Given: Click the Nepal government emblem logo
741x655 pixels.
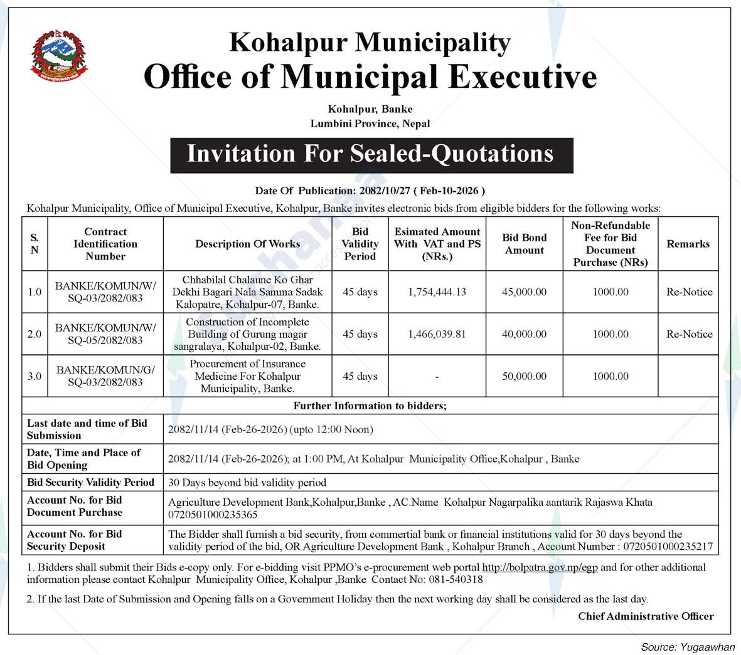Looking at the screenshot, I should pyautogui.click(x=60, y=56).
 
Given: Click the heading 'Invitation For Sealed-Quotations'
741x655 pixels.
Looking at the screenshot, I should pyautogui.click(x=371, y=154).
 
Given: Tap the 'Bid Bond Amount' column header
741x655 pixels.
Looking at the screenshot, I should pyautogui.click(x=524, y=244).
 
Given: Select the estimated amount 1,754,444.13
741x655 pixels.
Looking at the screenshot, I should pyautogui.click(x=437, y=292).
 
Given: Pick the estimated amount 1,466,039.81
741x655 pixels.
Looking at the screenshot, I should pyautogui.click(x=437, y=334).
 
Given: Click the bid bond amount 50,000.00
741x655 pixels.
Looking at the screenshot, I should pyautogui.click(x=524, y=376).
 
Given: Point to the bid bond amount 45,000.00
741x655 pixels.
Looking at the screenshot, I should pyautogui.click(x=524, y=292).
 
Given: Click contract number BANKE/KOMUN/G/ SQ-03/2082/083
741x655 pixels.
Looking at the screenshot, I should pyautogui.click(x=105, y=376).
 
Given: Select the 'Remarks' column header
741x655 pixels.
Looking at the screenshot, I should pyautogui.click(x=688, y=244).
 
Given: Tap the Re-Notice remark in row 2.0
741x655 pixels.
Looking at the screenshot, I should pyautogui.click(x=689, y=334).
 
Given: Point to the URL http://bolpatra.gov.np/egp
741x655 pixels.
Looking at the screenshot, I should pyautogui.click(x=540, y=567).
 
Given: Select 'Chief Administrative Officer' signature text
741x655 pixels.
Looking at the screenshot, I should pyautogui.click(x=646, y=616).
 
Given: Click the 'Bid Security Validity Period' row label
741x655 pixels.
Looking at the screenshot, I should pyautogui.click(x=90, y=483).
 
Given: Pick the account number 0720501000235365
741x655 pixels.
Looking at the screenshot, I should pyautogui.click(x=213, y=515).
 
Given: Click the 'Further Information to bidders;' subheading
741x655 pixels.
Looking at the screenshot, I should pyautogui.click(x=370, y=406).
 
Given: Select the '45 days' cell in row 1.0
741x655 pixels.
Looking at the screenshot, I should pyautogui.click(x=360, y=292).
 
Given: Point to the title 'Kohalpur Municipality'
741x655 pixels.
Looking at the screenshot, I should pyautogui.click(x=370, y=43).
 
